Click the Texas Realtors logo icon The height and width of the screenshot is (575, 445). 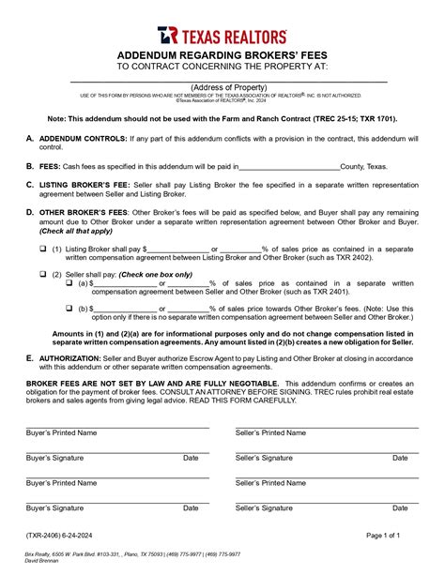167,36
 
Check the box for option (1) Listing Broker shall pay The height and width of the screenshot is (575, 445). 42,249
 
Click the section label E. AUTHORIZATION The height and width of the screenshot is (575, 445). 74,357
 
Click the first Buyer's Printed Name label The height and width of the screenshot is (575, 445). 61,433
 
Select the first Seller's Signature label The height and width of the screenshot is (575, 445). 264,458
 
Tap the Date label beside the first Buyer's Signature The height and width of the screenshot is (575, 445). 191,458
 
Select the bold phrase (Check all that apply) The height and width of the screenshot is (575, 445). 79,231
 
